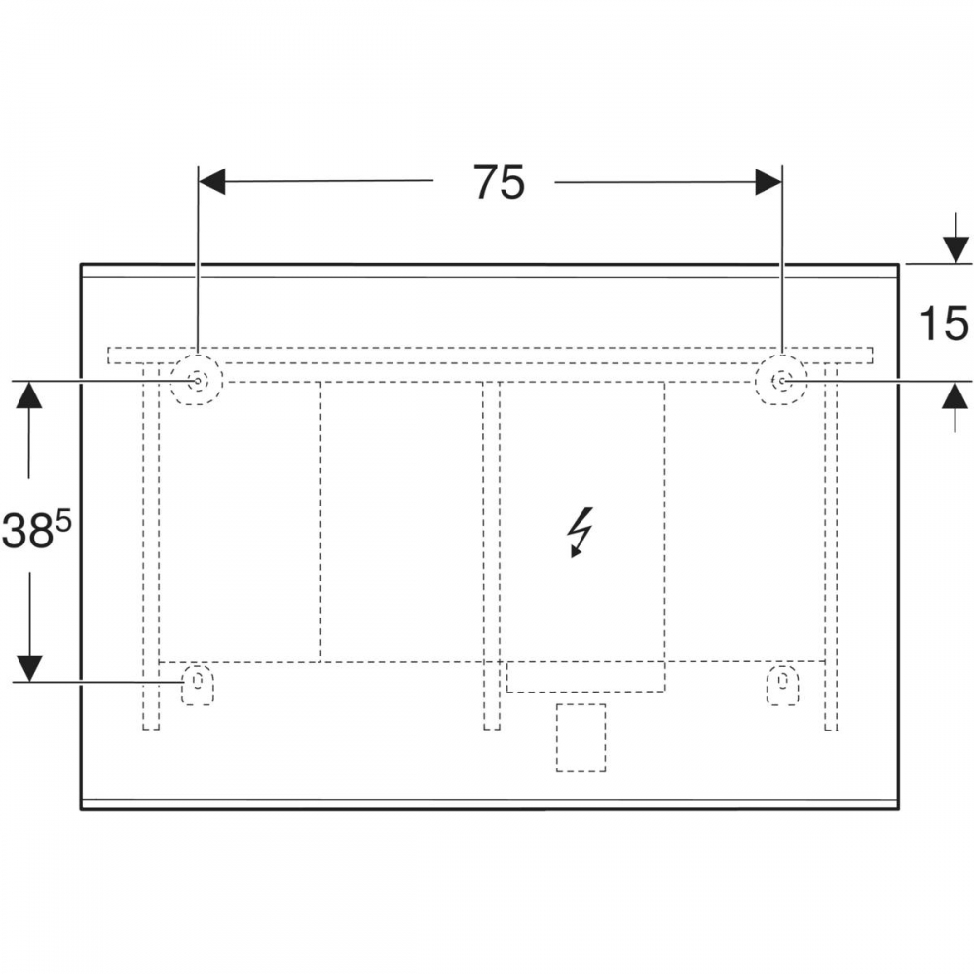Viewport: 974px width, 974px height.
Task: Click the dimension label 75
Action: (499, 182)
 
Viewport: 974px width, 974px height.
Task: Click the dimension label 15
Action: (944, 323)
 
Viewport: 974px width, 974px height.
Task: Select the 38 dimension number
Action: (26, 532)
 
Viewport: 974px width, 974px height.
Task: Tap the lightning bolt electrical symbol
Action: (581, 533)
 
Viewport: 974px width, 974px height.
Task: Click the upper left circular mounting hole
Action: (198, 380)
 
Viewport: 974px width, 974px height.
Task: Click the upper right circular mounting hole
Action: (781, 380)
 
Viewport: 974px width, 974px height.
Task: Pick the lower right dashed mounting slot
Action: (782, 684)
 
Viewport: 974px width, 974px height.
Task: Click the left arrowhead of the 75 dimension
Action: (211, 181)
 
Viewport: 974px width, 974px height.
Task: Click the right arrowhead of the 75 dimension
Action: (768, 181)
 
